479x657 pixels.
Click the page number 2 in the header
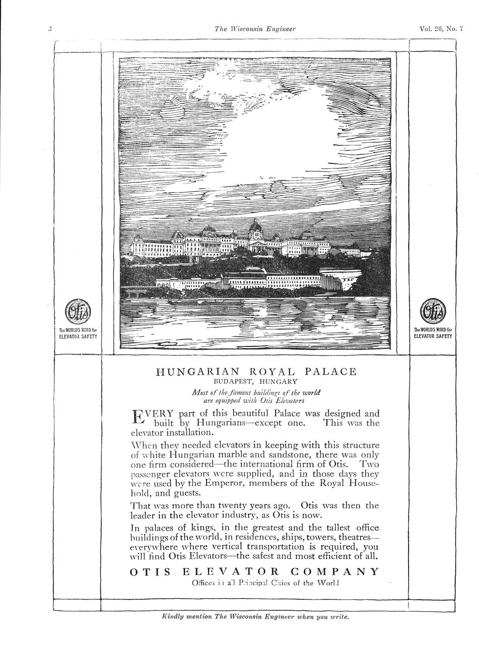tap(50, 29)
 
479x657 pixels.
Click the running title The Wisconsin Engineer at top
tap(255, 29)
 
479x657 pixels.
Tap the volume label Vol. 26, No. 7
tap(441, 29)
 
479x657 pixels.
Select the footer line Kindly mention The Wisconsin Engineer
tap(256, 617)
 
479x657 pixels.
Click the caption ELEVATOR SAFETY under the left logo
tap(78, 337)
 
